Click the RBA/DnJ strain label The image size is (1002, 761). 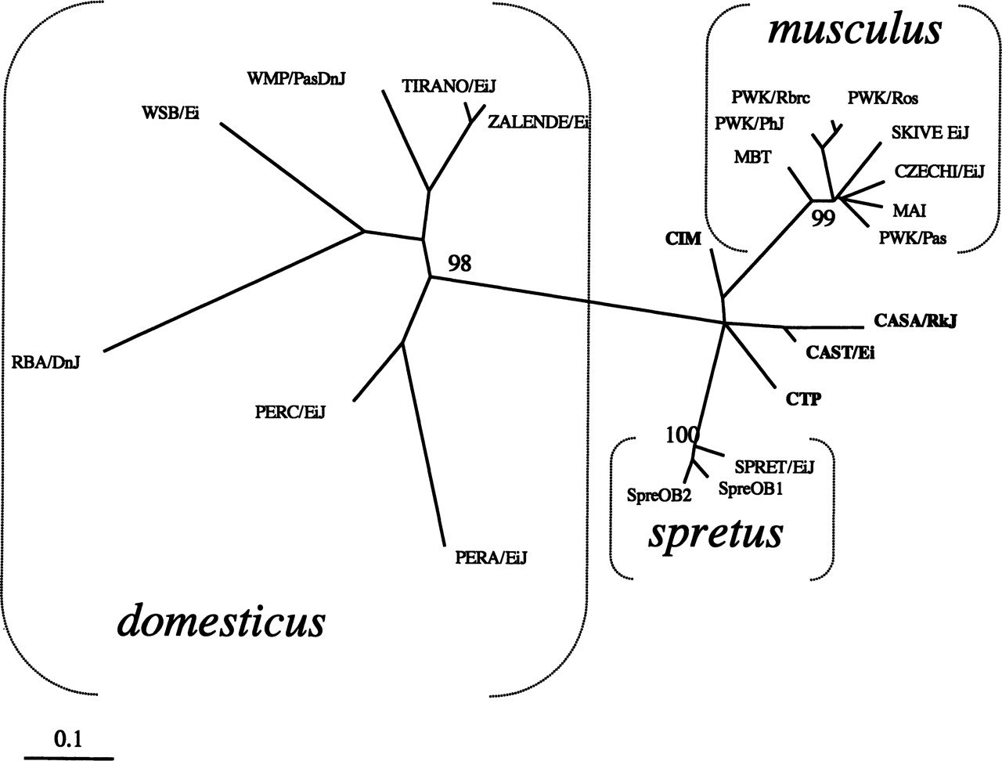(46, 362)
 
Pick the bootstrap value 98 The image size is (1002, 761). (460, 263)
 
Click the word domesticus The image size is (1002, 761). (222, 622)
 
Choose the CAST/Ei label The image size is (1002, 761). (840, 352)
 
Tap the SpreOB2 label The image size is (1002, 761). (658, 494)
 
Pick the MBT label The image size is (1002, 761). (752, 157)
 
